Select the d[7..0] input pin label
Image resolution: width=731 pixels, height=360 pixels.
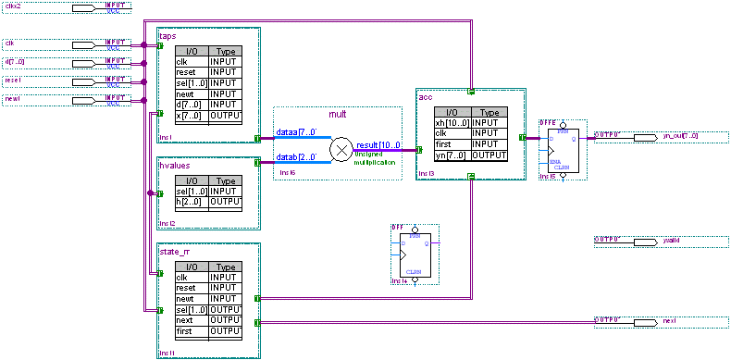[x=16, y=62]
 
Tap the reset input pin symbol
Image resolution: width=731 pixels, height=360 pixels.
[x=84, y=81]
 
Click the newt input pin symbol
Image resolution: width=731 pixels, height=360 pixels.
[x=84, y=100]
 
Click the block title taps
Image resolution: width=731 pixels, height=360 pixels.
[x=167, y=35]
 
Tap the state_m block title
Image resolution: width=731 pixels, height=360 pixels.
[x=175, y=251]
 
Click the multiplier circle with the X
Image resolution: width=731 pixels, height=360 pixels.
[x=342, y=149]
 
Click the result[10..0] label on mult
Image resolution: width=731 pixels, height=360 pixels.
[x=378, y=146]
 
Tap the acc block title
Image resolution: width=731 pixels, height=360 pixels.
[x=426, y=95]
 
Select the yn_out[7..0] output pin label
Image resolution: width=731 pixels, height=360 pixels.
[x=680, y=136]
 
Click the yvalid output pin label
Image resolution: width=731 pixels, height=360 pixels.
[x=671, y=241]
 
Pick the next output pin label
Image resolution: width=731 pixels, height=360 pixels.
[x=669, y=320]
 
